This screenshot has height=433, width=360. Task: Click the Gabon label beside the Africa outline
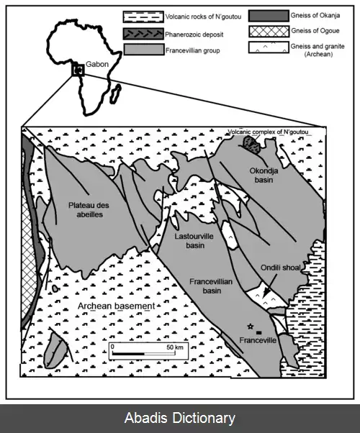coord(97,64)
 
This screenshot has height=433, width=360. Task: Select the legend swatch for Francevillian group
coord(144,50)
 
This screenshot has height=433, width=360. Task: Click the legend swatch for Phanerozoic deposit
coord(144,34)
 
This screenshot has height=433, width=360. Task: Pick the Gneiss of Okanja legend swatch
coord(269,16)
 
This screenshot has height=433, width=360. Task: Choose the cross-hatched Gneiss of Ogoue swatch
coord(269,31)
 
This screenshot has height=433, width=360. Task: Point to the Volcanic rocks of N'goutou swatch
coord(143,17)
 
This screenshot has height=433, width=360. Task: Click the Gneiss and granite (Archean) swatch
coord(269,47)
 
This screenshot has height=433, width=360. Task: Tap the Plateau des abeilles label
coord(89,210)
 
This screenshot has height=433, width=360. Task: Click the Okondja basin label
coord(264,175)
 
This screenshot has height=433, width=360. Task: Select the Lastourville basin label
coord(194,241)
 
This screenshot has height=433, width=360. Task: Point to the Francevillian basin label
coord(211,286)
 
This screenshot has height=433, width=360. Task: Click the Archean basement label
coord(117,306)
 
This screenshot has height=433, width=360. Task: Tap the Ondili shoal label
coord(281,268)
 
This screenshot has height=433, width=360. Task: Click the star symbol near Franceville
coord(251,327)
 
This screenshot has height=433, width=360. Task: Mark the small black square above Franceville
coord(259,332)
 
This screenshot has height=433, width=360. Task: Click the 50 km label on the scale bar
coord(175,347)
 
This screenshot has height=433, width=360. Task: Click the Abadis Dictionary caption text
coord(180,418)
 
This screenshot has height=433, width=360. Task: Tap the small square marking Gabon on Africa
coord(78,70)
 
